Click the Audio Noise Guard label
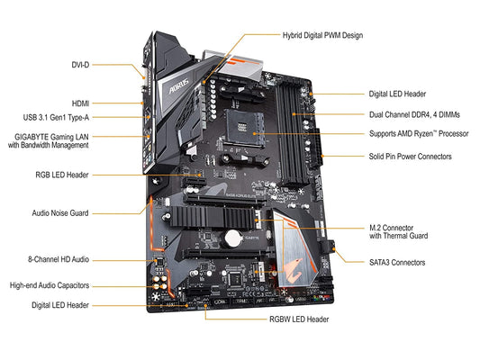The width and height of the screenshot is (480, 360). (x=59, y=213)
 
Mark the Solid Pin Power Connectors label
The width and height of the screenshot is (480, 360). (x=410, y=156)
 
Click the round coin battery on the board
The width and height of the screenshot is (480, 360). (x=233, y=238)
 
